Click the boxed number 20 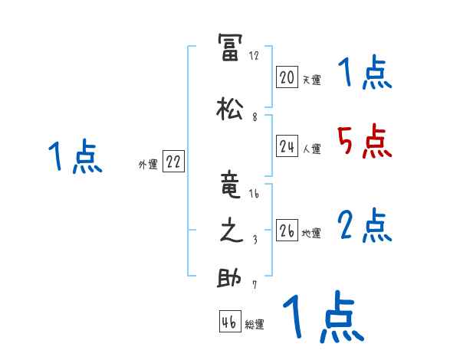pyautogui.click(x=287, y=77)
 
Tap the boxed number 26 pyautogui.click(x=287, y=231)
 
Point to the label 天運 pyautogui.click(x=311, y=79)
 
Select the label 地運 pyautogui.click(x=311, y=233)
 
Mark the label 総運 pyautogui.click(x=255, y=325)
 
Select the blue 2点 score pyautogui.click(x=364, y=225)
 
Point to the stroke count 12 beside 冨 pyautogui.click(x=254, y=55)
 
